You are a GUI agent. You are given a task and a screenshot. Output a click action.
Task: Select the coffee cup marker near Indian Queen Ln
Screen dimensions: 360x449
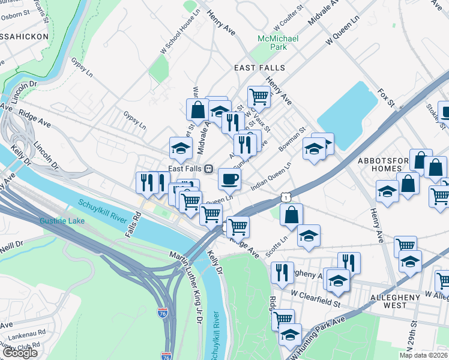(229, 178)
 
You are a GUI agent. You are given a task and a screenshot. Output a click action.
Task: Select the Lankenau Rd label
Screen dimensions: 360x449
(24, 332)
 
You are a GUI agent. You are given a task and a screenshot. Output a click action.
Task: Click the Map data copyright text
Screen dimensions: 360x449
(423, 355)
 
